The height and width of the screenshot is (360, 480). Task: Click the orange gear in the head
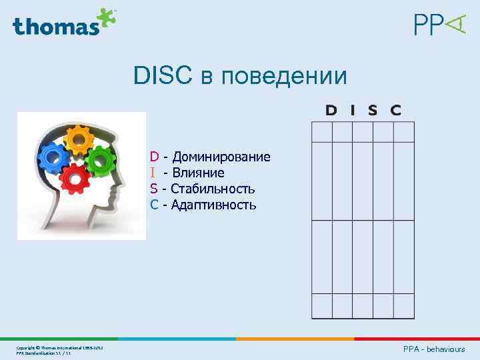point(79,141)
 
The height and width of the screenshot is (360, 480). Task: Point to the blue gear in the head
point(53,158)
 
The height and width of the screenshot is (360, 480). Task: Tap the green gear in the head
point(101,160)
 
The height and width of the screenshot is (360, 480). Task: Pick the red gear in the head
point(75,177)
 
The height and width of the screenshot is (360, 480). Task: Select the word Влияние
point(198,173)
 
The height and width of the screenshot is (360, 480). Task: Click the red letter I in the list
point(153,173)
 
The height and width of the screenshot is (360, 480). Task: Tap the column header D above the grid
point(331,110)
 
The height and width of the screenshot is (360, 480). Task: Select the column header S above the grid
point(373,110)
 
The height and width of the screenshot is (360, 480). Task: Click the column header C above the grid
point(395,110)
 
